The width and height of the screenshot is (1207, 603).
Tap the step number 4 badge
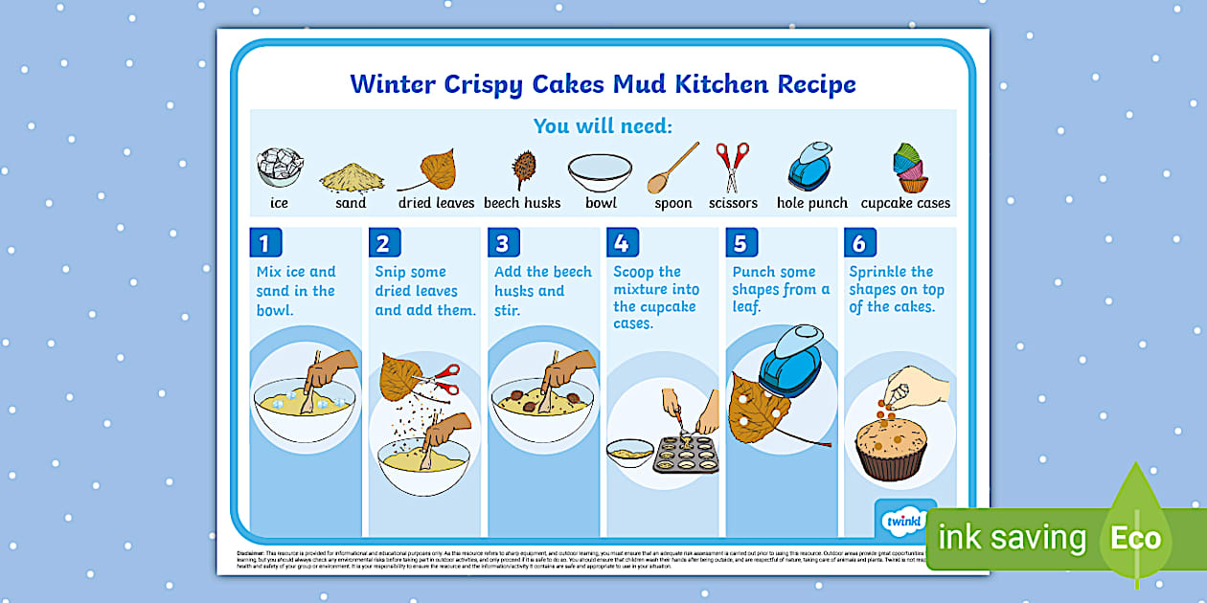point(621,243)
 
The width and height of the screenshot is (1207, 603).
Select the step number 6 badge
point(859,243)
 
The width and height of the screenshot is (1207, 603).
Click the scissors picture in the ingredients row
point(732,167)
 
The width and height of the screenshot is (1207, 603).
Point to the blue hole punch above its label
point(810,167)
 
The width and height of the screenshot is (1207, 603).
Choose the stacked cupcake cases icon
point(910,168)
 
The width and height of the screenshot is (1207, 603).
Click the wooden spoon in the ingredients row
point(672,168)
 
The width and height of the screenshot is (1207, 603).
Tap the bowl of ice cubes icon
point(279,167)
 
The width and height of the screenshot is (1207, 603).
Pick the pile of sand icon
point(352,176)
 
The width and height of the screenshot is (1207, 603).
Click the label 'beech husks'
point(522,203)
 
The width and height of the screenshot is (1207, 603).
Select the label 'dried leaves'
point(436,203)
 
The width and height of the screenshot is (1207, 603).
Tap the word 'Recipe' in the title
point(816,84)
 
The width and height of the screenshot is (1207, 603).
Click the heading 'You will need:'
point(603,126)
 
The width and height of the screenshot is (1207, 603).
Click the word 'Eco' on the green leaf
point(1135,538)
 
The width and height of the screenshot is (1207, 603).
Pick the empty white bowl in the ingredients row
point(600,172)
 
